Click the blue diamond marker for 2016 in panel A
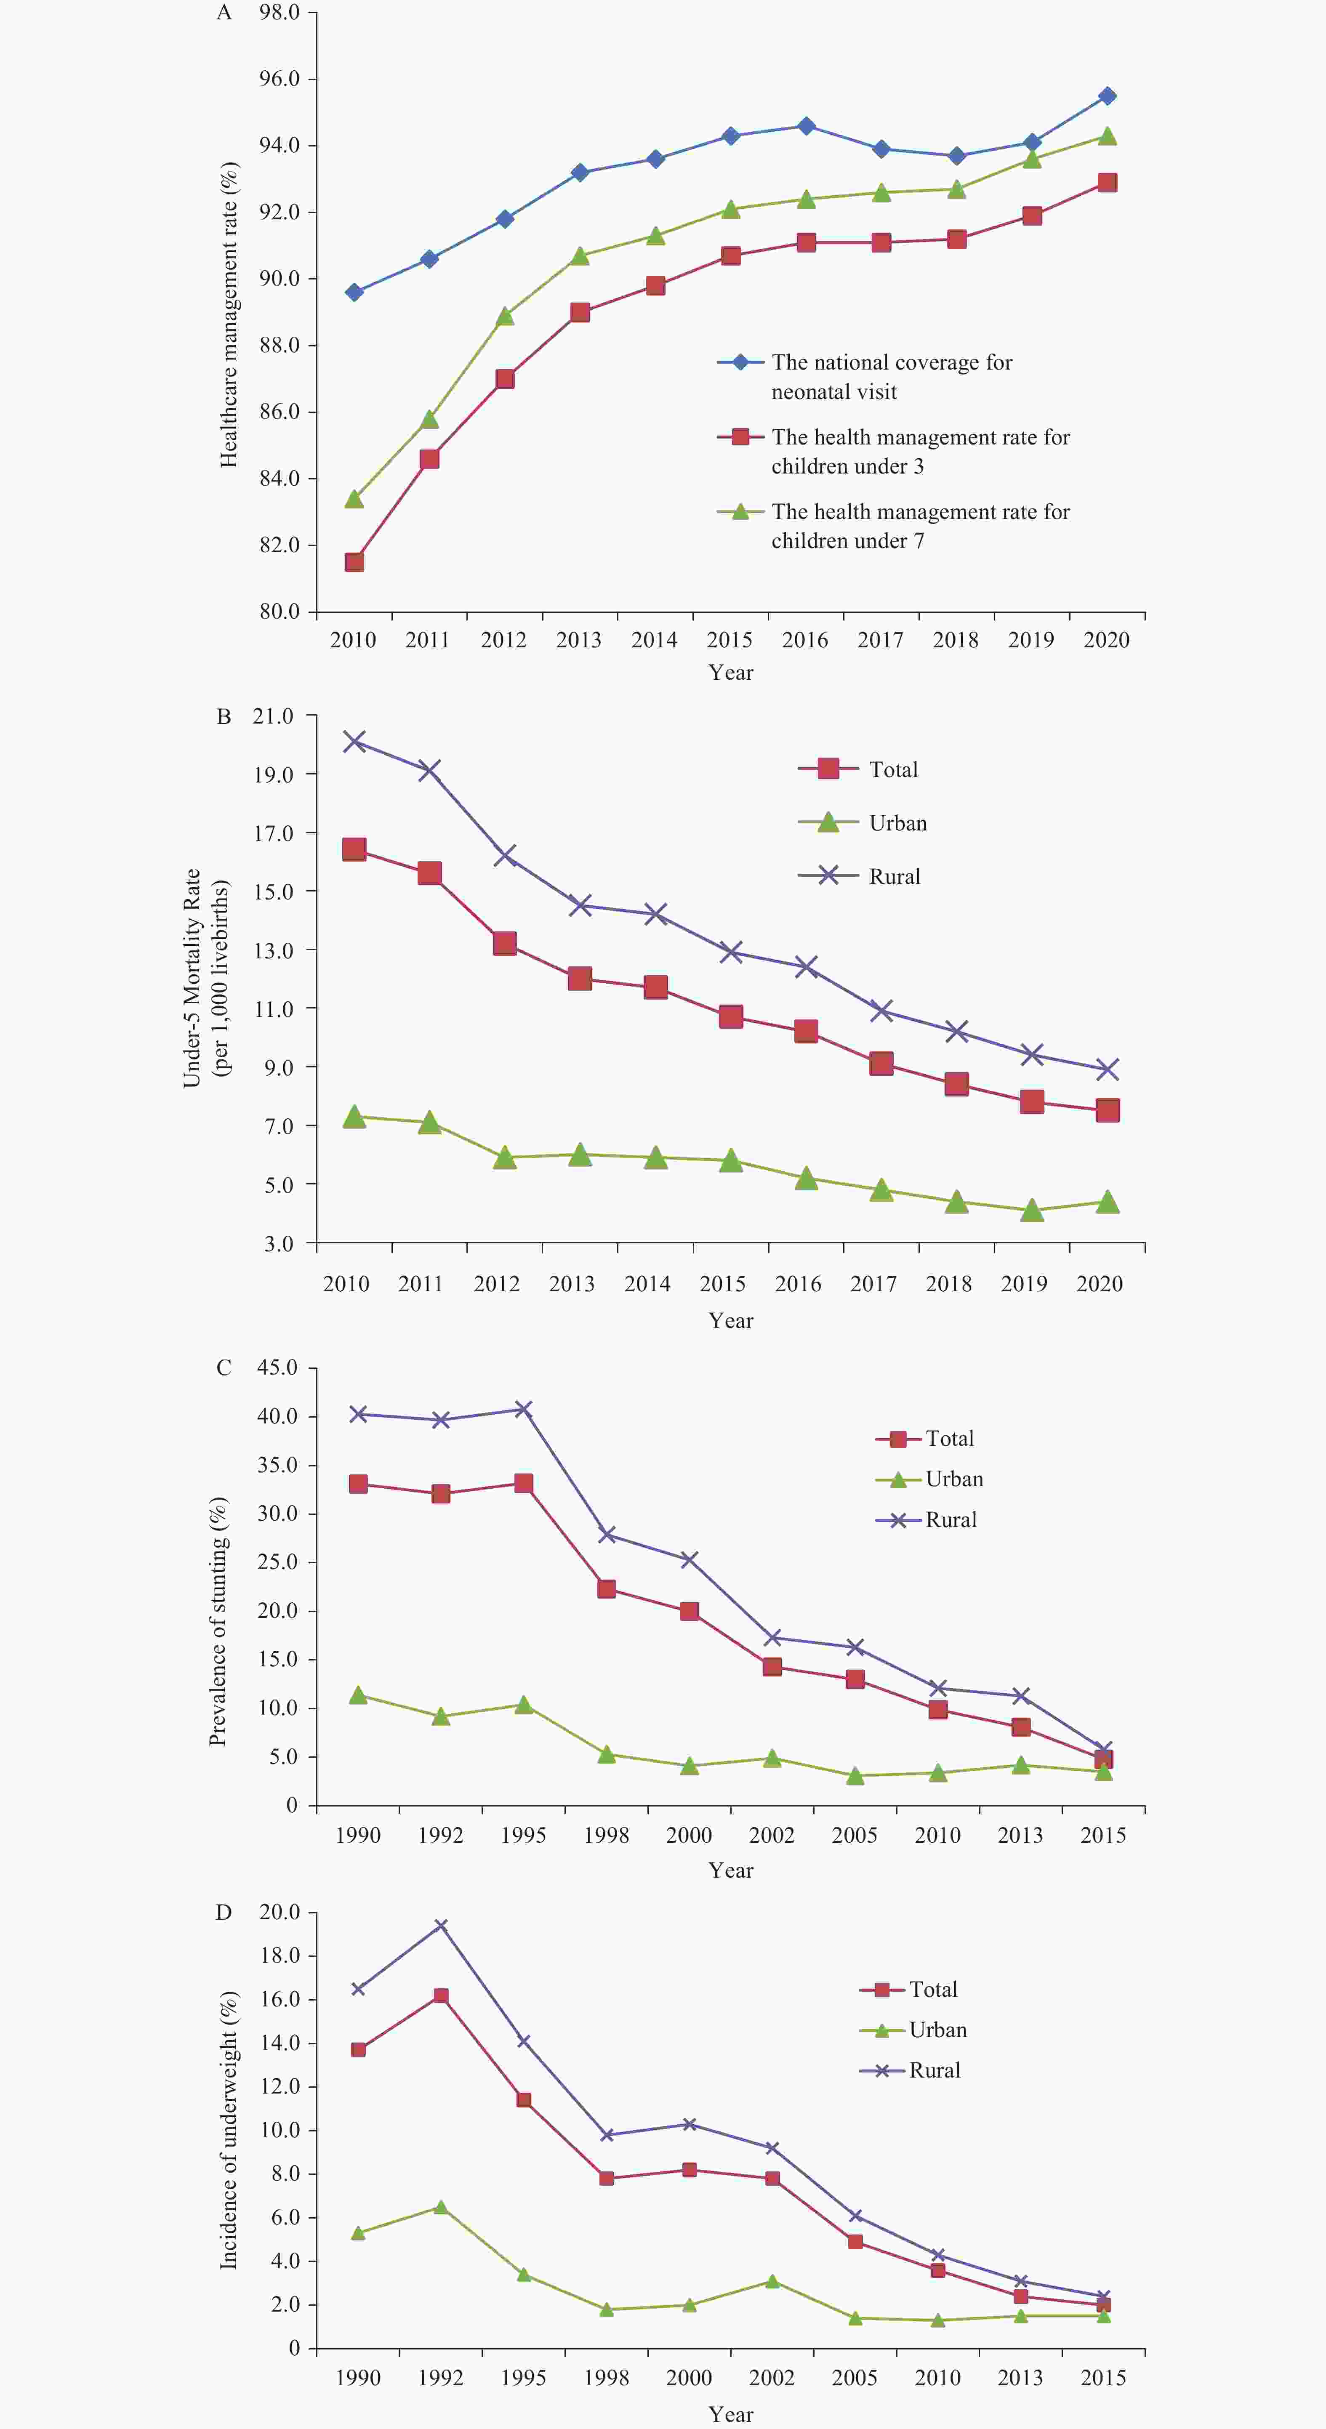point(805,125)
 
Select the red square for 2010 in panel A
point(354,562)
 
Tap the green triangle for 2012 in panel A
point(505,316)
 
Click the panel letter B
point(224,717)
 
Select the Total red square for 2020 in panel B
point(1107,1110)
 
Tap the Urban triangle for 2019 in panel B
point(1032,1210)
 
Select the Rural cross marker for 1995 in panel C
point(523,1409)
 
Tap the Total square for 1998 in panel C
point(607,1589)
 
